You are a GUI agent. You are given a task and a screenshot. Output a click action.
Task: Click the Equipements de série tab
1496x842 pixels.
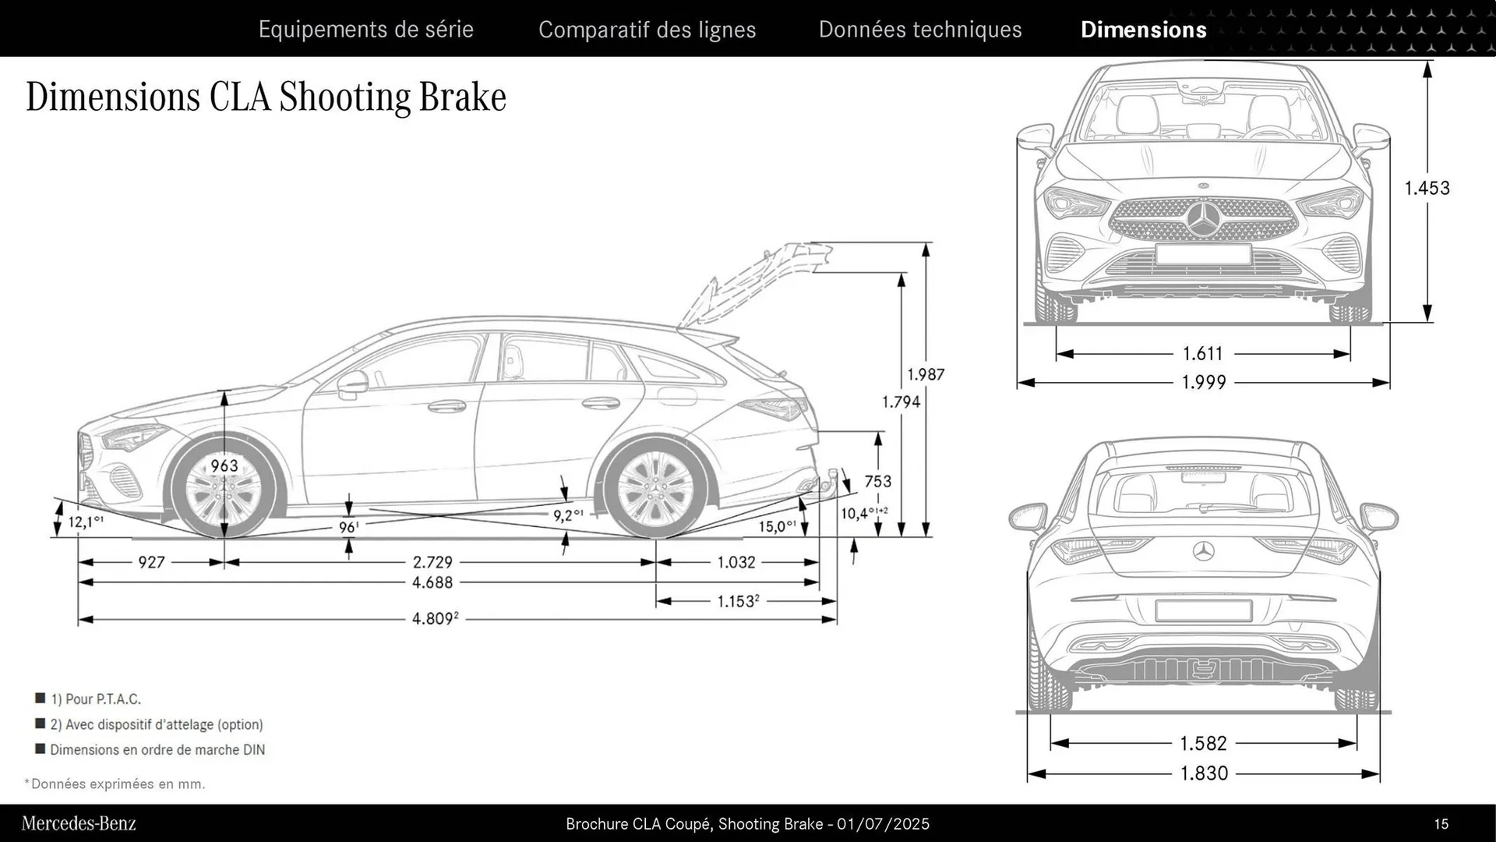(x=365, y=30)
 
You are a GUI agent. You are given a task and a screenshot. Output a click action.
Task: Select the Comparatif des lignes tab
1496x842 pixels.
(x=647, y=30)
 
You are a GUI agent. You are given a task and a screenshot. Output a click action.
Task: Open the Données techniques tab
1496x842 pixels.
(x=919, y=30)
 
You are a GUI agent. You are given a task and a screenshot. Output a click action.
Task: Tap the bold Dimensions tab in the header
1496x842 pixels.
(x=1143, y=30)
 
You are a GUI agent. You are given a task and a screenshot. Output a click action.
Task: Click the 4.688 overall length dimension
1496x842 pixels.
(x=432, y=582)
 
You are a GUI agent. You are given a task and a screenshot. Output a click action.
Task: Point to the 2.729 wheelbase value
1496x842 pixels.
(x=432, y=562)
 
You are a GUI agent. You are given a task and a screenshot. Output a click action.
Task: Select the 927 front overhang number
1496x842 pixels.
(x=151, y=562)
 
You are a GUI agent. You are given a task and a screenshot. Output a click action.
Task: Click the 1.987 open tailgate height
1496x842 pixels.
(x=926, y=374)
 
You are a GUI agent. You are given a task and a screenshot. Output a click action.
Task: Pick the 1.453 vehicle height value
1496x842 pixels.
(x=1427, y=188)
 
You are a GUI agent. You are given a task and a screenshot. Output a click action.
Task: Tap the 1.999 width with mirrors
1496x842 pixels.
(x=1204, y=382)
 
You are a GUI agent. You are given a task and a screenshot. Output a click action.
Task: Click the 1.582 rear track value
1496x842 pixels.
(x=1204, y=743)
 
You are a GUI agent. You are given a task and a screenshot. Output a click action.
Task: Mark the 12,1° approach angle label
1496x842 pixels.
(x=85, y=522)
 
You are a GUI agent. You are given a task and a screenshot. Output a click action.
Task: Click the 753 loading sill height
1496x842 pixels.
(x=877, y=481)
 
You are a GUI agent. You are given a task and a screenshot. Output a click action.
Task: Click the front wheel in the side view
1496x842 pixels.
(x=224, y=491)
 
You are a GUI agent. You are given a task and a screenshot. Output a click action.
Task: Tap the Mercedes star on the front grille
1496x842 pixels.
(x=1204, y=219)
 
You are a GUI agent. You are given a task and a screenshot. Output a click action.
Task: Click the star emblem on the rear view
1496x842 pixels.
(x=1204, y=551)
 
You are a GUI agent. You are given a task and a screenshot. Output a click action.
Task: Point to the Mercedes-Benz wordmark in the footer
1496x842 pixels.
(x=79, y=823)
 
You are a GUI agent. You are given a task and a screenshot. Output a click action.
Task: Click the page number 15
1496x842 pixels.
(x=1441, y=824)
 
